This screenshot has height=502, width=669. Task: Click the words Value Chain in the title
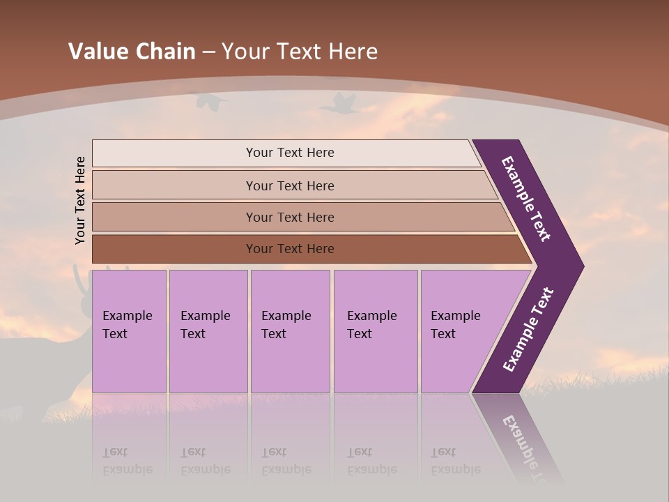coord(132,51)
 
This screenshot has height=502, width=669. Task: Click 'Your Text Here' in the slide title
coord(300,51)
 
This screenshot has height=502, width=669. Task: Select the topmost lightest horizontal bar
coord(289,153)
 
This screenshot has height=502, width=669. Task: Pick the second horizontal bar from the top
coord(289,185)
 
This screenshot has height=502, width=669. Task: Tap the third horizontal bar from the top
coord(289,217)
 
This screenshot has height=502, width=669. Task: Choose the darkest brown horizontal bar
coord(289,249)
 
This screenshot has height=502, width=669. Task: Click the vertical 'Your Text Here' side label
coord(80,201)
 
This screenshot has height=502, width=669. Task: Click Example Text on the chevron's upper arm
coord(526,199)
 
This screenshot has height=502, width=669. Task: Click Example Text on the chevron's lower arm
coord(528,330)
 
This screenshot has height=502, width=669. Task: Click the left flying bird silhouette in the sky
coord(211,102)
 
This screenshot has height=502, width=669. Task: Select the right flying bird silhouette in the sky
coord(339,104)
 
